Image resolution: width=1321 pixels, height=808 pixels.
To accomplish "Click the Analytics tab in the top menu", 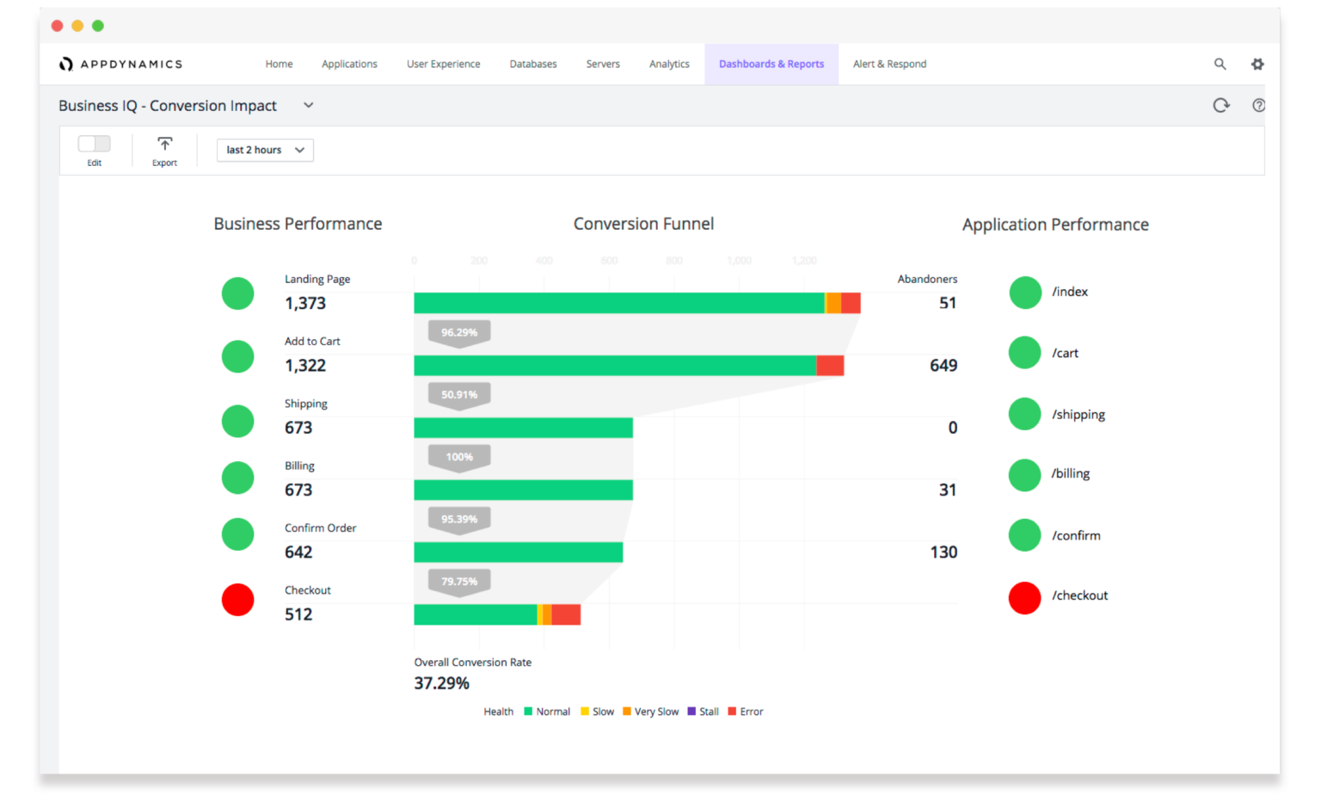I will click(669, 65).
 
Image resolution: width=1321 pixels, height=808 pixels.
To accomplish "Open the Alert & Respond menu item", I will click(889, 65).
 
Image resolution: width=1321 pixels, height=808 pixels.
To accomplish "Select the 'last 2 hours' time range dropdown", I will click(265, 150).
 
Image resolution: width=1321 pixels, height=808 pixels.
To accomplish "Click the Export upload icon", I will click(164, 144).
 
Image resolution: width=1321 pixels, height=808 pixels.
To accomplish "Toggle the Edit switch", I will click(95, 144).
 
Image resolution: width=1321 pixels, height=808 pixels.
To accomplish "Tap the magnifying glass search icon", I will click(1220, 64).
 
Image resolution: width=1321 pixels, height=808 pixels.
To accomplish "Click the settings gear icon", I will click(1257, 65).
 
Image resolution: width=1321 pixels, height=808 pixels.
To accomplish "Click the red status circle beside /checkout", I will click(1024, 597).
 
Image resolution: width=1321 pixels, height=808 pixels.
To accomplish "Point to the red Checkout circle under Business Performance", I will click(238, 600).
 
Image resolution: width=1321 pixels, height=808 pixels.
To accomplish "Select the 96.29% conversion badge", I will click(459, 333).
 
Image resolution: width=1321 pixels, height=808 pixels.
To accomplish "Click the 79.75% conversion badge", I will click(459, 582).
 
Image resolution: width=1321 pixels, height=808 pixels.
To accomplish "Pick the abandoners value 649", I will click(943, 366).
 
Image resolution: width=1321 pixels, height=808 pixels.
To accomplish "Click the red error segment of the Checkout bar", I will click(566, 614).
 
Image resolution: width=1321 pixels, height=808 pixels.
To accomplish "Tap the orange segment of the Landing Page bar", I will click(833, 303).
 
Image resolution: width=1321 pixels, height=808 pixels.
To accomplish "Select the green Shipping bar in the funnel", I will click(523, 428).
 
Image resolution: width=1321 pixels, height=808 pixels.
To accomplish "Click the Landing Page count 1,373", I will click(305, 304).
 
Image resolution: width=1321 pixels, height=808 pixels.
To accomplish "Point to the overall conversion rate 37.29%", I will click(442, 683).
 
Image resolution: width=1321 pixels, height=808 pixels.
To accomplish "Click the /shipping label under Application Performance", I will click(1078, 415).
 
